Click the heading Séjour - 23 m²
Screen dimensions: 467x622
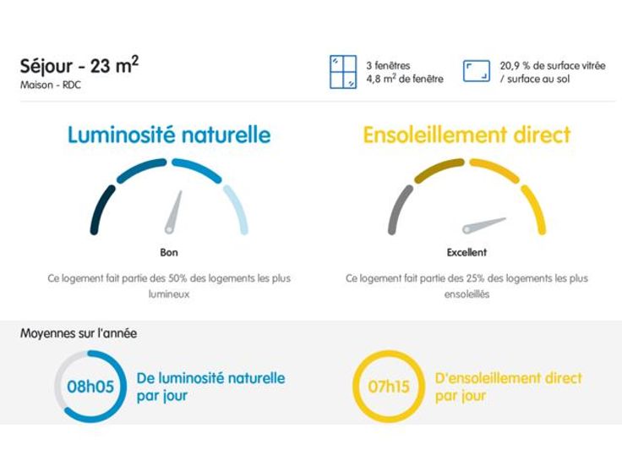(x=79, y=66)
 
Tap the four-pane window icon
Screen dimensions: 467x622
(x=342, y=72)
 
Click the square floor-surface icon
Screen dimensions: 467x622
(x=477, y=71)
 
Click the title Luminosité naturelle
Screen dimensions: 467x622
(x=169, y=135)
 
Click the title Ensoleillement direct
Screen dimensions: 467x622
(x=466, y=135)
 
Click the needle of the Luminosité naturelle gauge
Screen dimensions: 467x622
(x=174, y=212)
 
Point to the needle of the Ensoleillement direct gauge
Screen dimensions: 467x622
(x=483, y=225)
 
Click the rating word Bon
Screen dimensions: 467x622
(x=169, y=252)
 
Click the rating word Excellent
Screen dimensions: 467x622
(x=466, y=252)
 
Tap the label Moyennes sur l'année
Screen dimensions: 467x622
(x=79, y=333)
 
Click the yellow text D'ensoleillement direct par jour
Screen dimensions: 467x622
(x=508, y=387)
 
